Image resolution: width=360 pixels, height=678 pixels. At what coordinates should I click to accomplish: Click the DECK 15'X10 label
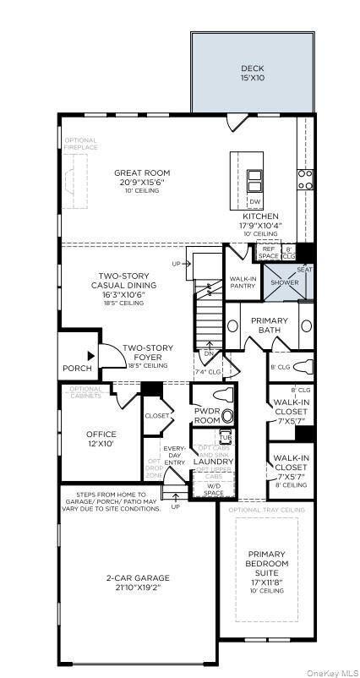252,73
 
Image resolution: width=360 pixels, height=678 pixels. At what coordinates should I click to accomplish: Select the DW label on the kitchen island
254,201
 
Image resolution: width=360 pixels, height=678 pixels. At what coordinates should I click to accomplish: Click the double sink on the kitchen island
254,180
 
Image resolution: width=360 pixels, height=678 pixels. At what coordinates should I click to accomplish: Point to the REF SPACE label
269,252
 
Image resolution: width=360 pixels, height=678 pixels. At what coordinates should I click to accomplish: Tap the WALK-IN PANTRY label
243,282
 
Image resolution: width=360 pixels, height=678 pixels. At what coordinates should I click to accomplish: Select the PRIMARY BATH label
269,325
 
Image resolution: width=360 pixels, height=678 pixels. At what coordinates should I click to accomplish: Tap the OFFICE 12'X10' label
101,439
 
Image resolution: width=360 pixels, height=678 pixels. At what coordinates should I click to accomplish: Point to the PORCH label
77,369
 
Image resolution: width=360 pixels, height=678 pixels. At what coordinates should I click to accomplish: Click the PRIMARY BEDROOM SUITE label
267,568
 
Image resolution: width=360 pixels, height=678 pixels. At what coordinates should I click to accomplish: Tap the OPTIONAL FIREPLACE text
80,144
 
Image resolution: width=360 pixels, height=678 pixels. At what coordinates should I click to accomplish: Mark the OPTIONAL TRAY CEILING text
265,511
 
